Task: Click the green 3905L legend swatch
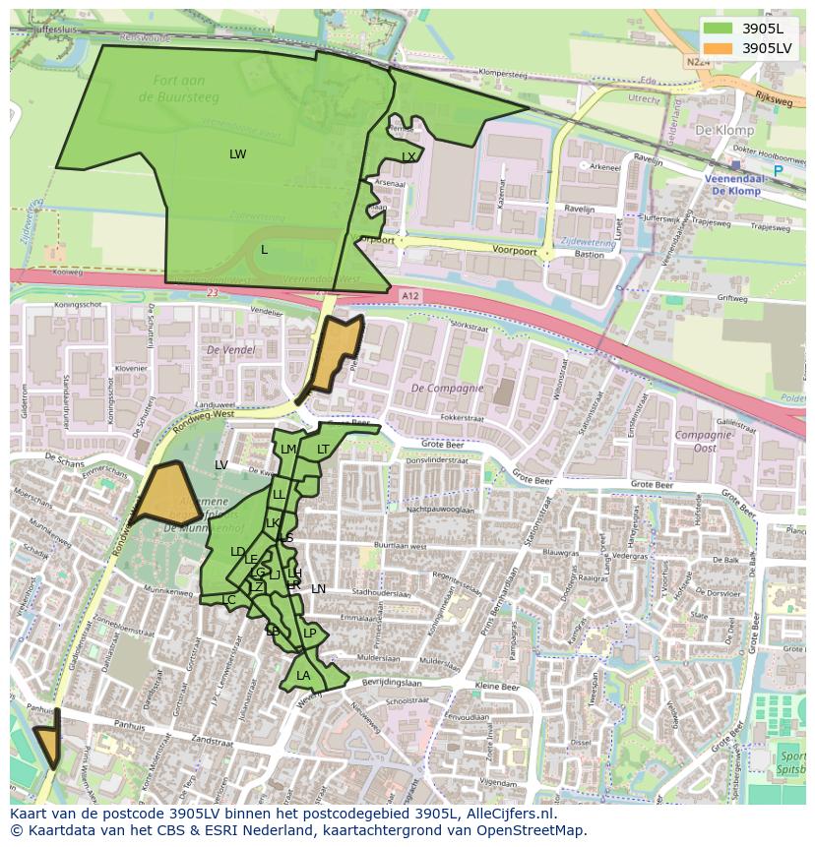click(719, 28)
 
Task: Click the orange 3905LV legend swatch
click(719, 47)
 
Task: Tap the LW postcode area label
click(237, 154)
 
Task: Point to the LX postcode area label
click(408, 157)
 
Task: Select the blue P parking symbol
click(778, 171)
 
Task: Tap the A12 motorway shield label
click(410, 294)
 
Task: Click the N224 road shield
click(697, 61)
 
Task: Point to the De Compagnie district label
click(447, 388)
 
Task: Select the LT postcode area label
click(323, 450)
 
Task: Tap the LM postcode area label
click(287, 450)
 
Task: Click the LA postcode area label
click(303, 676)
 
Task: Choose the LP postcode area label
click(309, 634)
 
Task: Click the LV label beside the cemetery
click(221, 464)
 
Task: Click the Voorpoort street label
click(517, 252)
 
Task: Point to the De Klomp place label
click(723, 130)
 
